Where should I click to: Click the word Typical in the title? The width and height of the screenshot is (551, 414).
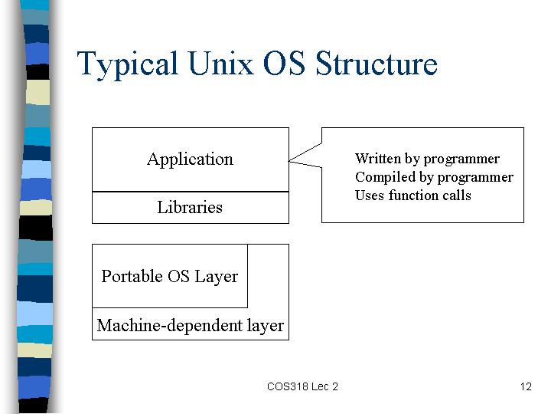click(127, 64)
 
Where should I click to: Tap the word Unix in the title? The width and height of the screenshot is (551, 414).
click(220, 63)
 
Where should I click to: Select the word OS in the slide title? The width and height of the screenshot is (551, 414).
click(284, 63)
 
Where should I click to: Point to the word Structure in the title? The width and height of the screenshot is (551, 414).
click(377, 63)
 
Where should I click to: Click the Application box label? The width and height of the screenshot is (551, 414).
click(190, 159)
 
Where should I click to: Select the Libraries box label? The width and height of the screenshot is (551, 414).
click(190, 207)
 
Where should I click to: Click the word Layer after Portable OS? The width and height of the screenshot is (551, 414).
click(216, 277)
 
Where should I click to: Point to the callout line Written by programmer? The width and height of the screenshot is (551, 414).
click(427, 159)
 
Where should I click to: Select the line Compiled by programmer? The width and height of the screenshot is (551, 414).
click(434, 177)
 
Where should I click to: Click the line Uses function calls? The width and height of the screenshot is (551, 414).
click(413, 195)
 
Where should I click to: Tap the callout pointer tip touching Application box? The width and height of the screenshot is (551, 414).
click(289, 161)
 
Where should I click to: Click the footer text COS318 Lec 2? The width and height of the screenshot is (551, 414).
click(302, 386)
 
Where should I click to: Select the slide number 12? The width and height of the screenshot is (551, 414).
click(526, 386)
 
